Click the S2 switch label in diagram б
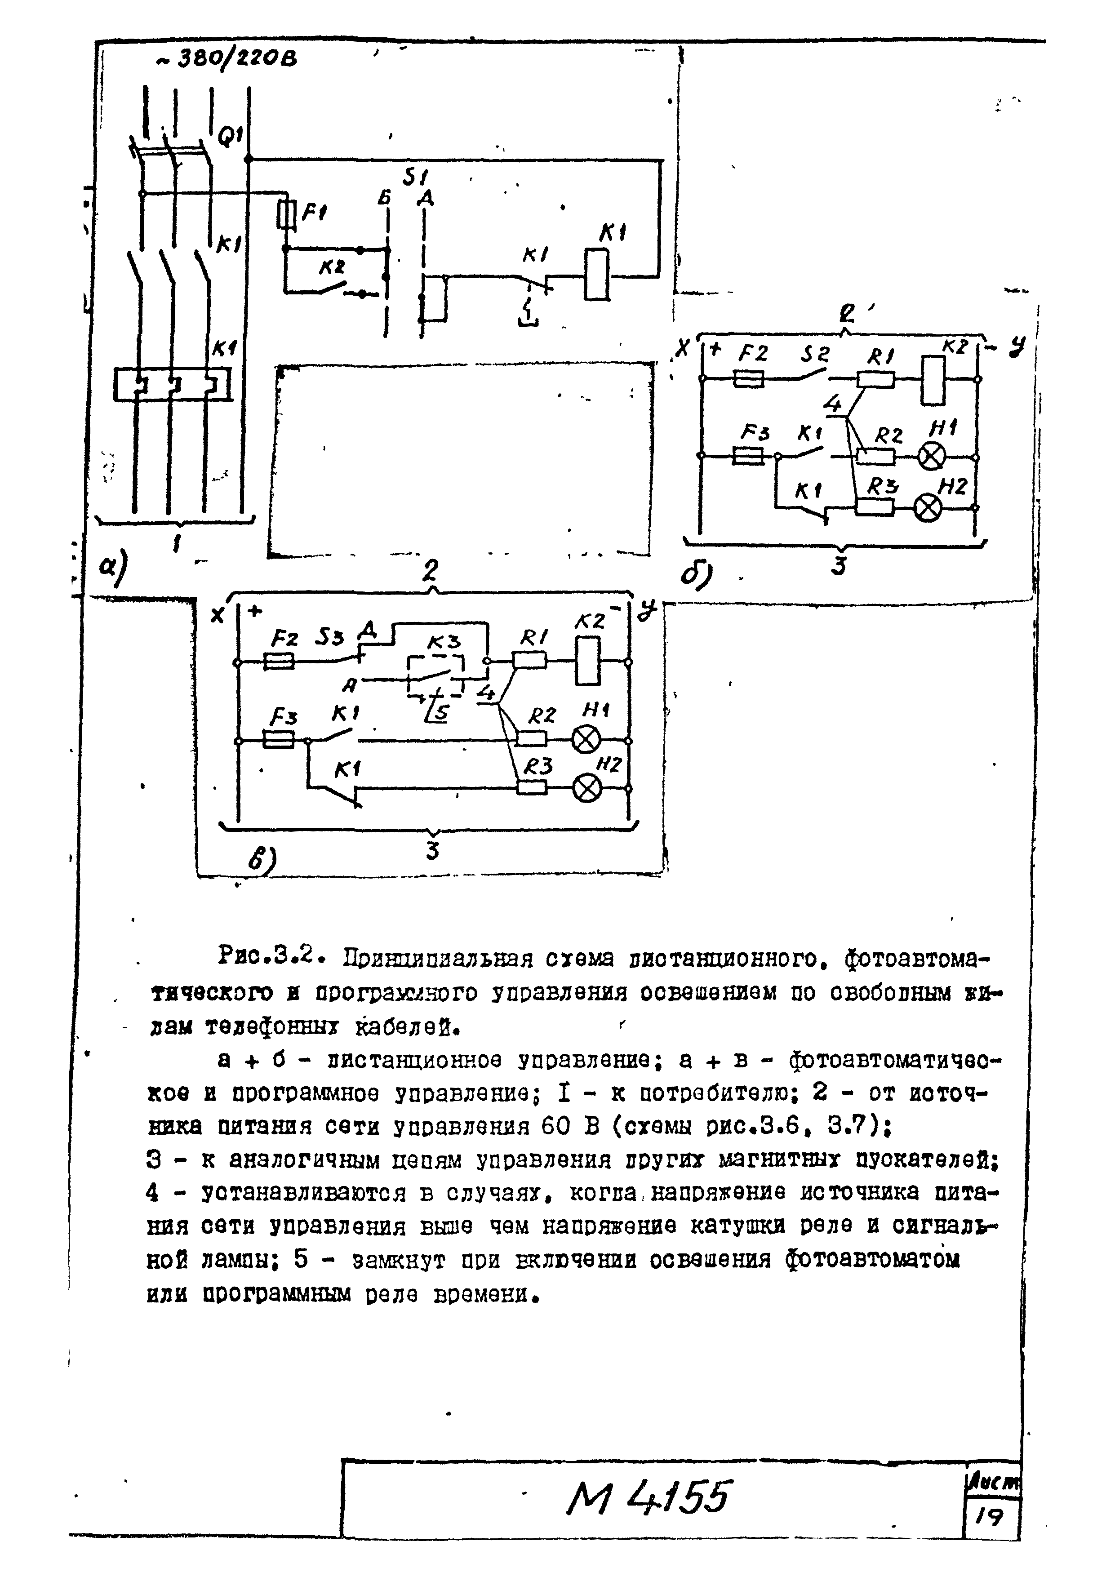pyautogui.click(x=816, y=355)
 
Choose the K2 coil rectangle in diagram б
pyautogui.click(x=933, y=380)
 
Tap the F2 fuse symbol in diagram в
pyautogui.click(x=279, y=662)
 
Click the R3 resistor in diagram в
pyautogui.click(x=531, y=787)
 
